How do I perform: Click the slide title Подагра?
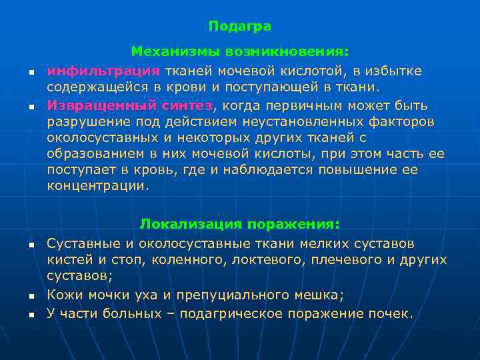click(x=239, y=26)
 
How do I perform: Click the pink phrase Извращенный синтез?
click(x=130, y=105)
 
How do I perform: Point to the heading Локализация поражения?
click(x=239, y=223)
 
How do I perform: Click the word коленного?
click(x=186, y=259)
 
